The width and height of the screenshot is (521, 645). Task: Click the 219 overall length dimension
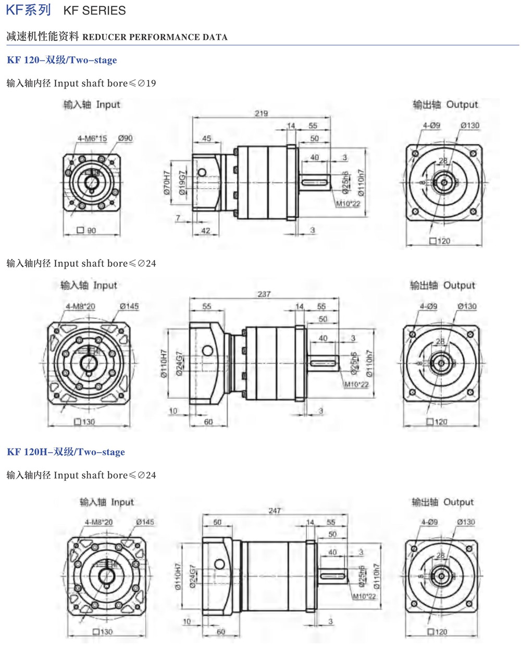[x=261, y=113]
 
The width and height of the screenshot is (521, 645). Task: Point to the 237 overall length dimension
[x=264, y=294]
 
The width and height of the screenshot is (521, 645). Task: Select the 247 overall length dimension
[x=275, y=511]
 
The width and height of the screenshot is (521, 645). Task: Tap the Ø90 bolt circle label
[x=125, y=138]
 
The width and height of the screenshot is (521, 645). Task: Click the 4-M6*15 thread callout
[x=92, y=138]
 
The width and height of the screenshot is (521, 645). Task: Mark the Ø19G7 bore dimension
[x=182, y=183]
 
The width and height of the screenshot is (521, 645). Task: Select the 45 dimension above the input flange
[x=206, y=138]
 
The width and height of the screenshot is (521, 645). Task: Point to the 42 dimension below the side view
[x=206, y=230]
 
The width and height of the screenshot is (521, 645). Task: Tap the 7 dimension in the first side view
[x=178, y=218]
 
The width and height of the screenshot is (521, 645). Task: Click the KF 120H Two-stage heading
[x=66, y=452]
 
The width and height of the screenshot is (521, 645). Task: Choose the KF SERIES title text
[x=94, y=10]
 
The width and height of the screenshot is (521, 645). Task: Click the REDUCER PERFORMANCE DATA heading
[x=155, y=37]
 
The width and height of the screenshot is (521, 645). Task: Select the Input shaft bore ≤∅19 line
[x=81, y=83]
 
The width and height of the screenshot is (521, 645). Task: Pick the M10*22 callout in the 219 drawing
[x=348, y=204]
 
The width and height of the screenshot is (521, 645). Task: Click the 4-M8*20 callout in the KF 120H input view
[x=98, y=522]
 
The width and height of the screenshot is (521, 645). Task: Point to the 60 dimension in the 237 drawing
[x=208, y=421]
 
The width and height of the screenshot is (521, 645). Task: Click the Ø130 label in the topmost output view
[x=470, y=126]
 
